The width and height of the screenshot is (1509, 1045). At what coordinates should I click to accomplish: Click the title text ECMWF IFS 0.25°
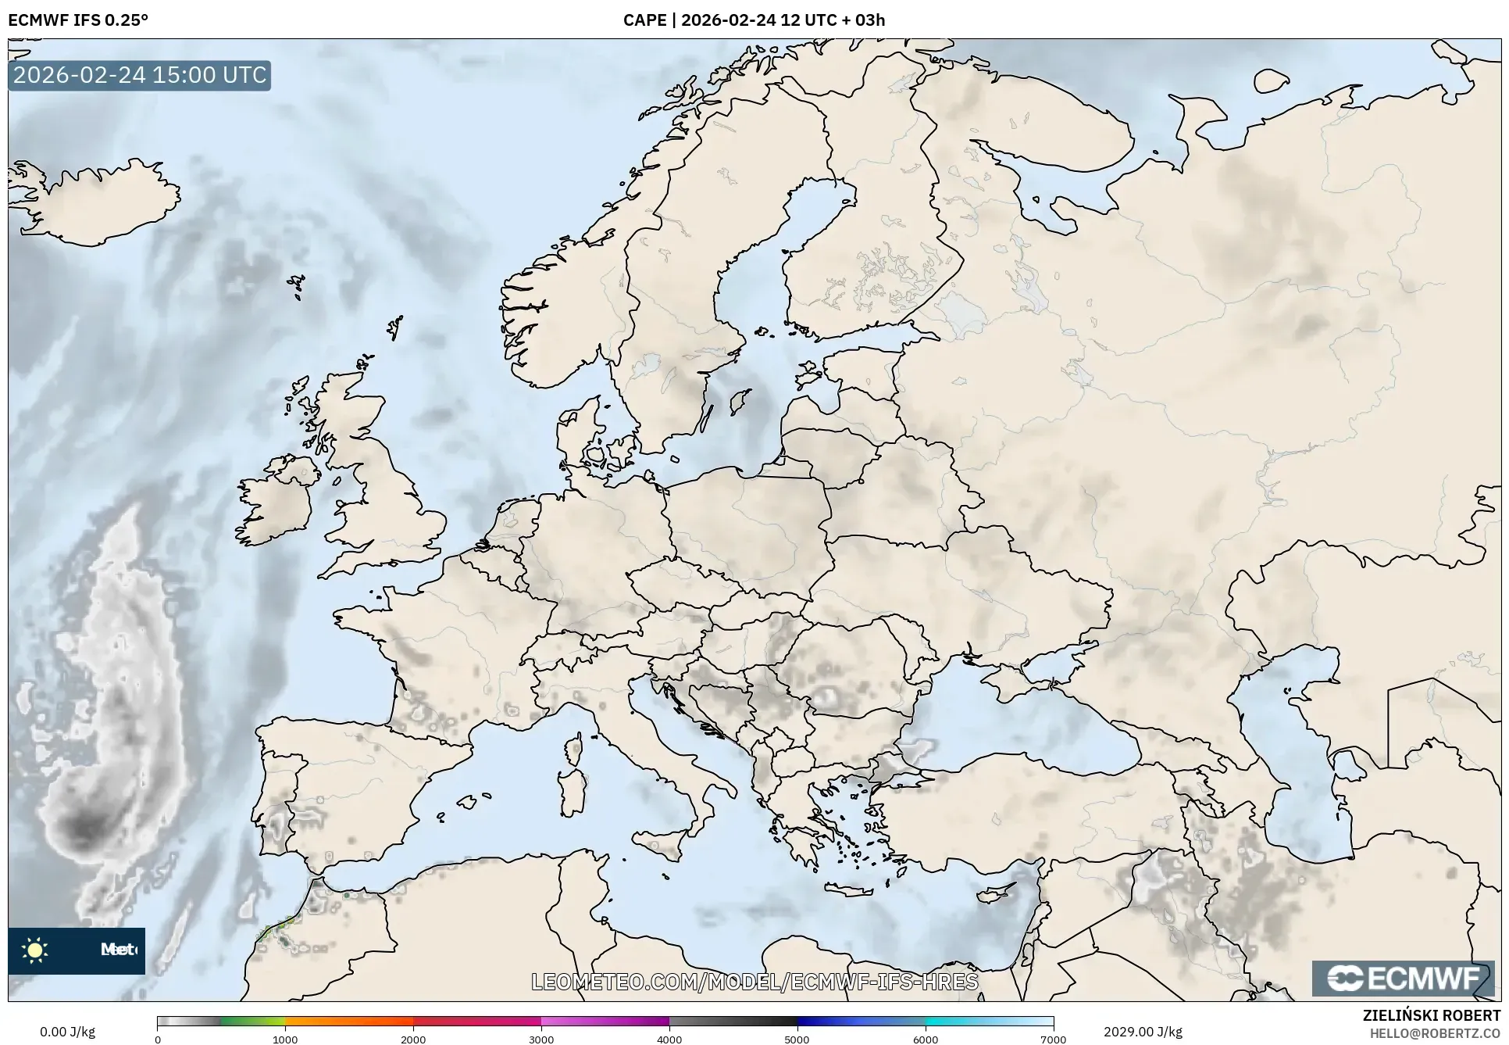(78, 20)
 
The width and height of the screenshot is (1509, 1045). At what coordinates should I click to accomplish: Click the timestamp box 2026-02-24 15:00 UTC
(140, 75)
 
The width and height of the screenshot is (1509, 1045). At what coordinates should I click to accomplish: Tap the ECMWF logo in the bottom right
(1403, 978)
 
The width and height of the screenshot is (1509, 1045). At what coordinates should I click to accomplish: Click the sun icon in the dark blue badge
(35, 950)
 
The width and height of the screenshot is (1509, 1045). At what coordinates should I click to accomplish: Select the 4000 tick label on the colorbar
(669, 1040)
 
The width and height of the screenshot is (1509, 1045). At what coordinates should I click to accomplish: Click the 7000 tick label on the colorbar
(1053, 1040)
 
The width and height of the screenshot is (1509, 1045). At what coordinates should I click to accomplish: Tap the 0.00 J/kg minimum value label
(67, 1032)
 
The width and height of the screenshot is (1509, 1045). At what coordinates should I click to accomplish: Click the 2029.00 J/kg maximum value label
(1143, 1032)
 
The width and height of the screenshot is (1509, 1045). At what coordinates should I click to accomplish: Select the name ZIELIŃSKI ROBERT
(1432, 1016)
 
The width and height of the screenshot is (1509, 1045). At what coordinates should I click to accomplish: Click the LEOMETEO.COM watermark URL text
(754, 982)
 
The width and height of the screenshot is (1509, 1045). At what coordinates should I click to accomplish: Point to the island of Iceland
(94, 202)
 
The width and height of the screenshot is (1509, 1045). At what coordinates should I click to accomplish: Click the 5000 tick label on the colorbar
(797, 1040)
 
